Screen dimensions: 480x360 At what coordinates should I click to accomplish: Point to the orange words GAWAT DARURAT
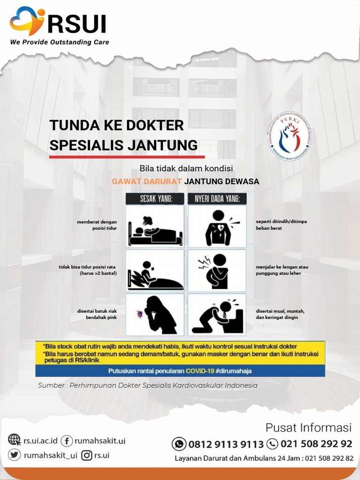(x=147, y=181)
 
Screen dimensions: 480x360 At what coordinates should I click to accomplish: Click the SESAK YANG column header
(x=155, y=199)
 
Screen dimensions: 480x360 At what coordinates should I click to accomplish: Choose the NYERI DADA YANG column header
(x=217, y=199)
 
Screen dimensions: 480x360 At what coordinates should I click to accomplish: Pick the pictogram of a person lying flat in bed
(x=155, y=226)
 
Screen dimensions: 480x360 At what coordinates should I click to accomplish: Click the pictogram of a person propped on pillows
(x=155, y=270)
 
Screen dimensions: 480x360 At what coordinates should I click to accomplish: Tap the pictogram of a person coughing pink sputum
(x=155, y=314)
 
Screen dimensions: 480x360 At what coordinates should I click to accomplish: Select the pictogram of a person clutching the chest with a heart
(x=217, y=226)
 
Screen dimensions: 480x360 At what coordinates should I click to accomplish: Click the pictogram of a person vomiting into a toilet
(x=217, y=314)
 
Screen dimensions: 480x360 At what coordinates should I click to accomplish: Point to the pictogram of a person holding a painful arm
(x=217, y=270)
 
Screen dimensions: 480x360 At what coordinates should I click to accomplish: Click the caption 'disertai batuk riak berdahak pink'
(x=97, y=314)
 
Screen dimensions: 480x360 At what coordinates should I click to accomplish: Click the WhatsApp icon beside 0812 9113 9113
(x=179, y=443)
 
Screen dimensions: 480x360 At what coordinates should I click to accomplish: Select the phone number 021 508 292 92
(x=316, y=443)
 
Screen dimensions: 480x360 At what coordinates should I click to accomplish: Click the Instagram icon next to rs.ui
(x=87, y=455)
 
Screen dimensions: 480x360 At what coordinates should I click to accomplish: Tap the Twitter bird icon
(x=15, y=455)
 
